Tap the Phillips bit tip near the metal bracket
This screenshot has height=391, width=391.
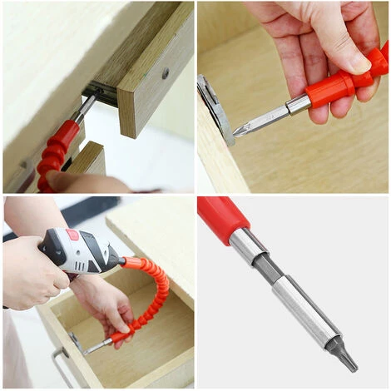tap(242, 129)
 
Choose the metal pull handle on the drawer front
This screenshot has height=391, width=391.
tap(57, 365)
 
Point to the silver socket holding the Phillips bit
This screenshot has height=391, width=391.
tap(297, 104)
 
